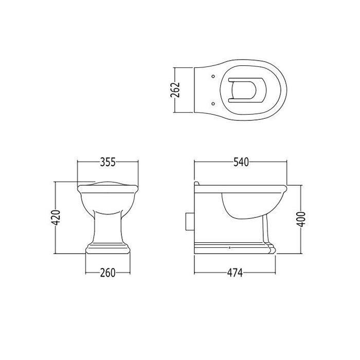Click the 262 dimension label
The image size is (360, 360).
[x=175, y=90]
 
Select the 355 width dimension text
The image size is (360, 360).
[x=108, y=162]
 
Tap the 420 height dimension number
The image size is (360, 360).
[x=56, y=218]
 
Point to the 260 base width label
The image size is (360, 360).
[x=108, y=273]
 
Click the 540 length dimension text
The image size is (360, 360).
[x=241, y=162]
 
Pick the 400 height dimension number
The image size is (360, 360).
[x=301, y=219]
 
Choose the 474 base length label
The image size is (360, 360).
[x=235, y=273]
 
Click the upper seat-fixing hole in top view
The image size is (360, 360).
[x=213, y=76]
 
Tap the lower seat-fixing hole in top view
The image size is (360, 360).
[x=213, y=103]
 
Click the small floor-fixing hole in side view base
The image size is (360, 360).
[x=230, y=248]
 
